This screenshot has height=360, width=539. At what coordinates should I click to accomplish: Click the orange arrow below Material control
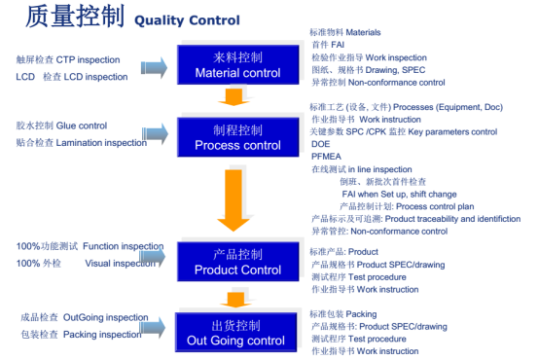coord(231,96)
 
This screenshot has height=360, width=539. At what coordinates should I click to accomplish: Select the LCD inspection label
coord(71,77)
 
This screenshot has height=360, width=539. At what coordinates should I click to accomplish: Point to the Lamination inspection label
coord(81,142)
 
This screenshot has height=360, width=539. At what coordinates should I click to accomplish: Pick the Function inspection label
coord(90,246)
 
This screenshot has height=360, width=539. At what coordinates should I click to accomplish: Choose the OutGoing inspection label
coord(84,317)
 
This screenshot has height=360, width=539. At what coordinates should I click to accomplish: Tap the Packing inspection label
coord(81,334)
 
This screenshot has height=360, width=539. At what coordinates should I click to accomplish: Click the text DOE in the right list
coord(321,143)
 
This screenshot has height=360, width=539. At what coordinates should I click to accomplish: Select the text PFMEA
coord(327,156)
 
